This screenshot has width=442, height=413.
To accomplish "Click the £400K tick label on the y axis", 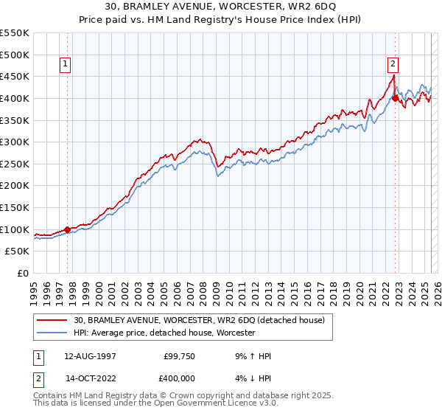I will (x=15, y=98).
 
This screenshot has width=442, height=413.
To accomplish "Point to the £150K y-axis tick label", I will (x=15, y=207).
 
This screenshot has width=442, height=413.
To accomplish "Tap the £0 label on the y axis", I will (x=22, y=273).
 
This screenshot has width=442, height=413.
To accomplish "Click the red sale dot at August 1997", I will (x=67, y=229).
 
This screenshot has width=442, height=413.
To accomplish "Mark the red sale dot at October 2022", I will (x=396, y=98).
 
